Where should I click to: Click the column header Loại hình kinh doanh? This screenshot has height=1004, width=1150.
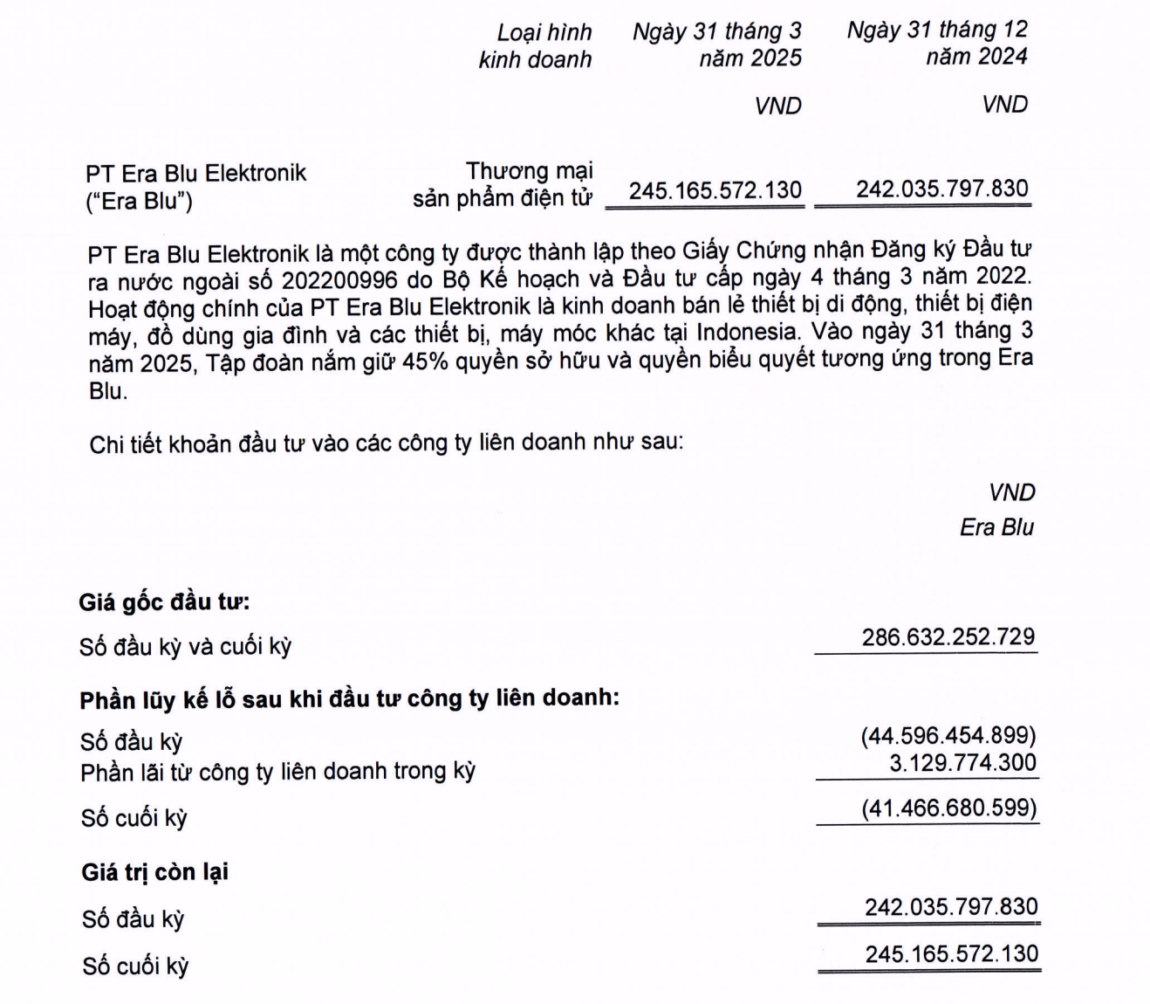click(535, 45)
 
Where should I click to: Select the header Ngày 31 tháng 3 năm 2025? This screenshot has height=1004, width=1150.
click(716, 45)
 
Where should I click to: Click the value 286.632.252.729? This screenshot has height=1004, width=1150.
click(948, 636)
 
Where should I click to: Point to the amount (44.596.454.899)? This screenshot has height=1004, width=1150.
click(948, 735)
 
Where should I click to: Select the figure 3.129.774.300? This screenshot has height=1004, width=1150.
click(962, 763)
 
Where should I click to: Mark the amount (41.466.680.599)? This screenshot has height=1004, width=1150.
click(948, 808)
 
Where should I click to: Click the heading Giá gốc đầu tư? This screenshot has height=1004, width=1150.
click(164, 602)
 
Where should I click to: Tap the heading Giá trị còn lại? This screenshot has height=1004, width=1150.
click(155, 871)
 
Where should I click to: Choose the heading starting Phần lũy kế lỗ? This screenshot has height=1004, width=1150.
click(349, 698)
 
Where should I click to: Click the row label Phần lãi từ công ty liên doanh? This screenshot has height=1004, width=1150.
click(277, 772)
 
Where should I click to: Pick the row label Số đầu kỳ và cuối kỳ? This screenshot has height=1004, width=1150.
click(185, 647)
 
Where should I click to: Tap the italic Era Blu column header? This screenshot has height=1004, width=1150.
click(996, 527)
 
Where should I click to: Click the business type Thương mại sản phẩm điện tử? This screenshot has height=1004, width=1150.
click(503, 184)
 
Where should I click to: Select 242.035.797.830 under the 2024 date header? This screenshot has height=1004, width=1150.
click(941, 189)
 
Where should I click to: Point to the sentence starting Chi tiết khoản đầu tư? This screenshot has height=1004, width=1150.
click(386, 443)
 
